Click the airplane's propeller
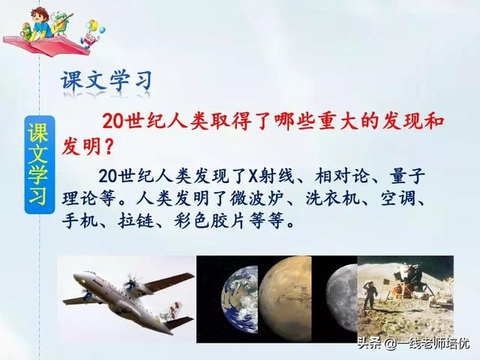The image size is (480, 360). click(x=133, y=283)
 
